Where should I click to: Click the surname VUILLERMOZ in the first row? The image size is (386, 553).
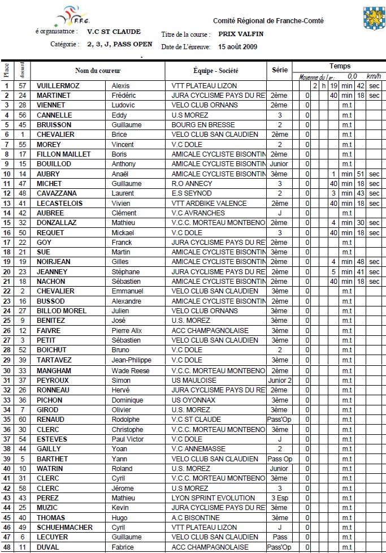[x=58, y=85]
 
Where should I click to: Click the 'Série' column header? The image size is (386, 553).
[x=279, y=71]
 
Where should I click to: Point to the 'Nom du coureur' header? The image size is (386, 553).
[x=98, y=71]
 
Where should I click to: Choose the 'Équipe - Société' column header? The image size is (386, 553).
[x=215, y=71]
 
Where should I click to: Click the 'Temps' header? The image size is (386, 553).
[x=339, y=66]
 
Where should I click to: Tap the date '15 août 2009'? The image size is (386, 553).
[x=237, y=47]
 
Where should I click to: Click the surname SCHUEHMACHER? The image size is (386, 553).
[x=64, y=527]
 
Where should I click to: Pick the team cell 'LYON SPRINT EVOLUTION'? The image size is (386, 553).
[x=213, y=498]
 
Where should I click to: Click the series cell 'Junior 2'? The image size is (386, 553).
[x=279, y=380]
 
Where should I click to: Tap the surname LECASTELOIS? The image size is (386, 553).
[x=59, y=203]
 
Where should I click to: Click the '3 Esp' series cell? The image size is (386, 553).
[x=279, y=498]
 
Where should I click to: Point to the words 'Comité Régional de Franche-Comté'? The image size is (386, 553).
[x=268, y=20]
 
